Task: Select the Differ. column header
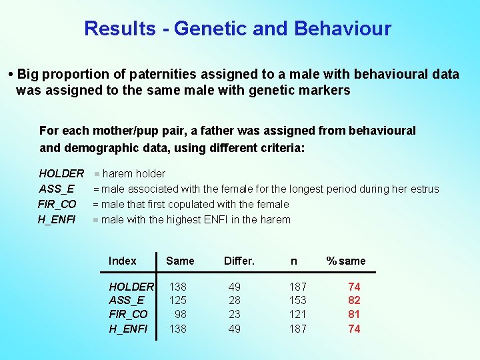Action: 239,261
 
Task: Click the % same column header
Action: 345,261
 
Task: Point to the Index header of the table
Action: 122,261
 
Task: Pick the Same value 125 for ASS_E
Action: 177,301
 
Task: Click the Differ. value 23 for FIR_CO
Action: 235,315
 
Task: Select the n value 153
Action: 297,301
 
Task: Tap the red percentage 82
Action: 354,301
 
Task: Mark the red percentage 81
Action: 354,315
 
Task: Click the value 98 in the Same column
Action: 180,315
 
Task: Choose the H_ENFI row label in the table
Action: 128,329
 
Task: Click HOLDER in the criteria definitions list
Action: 61,174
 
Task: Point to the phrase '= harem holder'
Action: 129,174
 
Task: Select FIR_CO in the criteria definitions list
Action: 57,204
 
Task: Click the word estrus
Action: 423,189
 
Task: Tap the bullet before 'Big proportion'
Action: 11,74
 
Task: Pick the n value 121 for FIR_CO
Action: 297,315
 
